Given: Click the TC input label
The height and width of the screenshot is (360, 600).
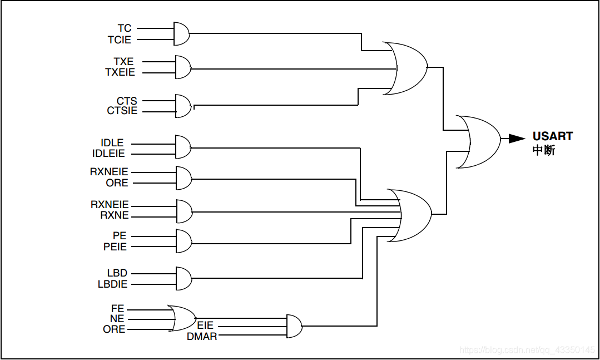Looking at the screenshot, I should [125, 28].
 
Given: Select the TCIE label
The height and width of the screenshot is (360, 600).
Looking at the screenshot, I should [120, 40].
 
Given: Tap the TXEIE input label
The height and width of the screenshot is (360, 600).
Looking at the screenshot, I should [120, 72].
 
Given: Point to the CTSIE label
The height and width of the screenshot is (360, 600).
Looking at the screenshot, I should [122, 111].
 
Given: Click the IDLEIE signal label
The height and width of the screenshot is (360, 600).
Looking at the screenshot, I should [109, 154].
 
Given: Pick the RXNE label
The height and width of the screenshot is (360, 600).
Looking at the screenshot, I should [115, 215].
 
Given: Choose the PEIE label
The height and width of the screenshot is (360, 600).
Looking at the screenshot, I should [115, 246].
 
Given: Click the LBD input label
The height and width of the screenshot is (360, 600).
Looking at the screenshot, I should [117, 273].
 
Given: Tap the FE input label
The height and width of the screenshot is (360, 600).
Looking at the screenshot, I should [118, 308].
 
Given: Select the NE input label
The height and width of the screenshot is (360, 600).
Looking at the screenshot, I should [117, 319].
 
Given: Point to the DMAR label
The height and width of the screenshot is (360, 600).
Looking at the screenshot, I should [202, 336].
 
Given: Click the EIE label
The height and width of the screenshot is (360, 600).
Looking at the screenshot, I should [205, 326].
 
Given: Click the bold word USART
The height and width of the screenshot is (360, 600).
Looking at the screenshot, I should [552, 136].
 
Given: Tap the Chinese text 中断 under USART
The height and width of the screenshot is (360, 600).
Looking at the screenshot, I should [543, 150].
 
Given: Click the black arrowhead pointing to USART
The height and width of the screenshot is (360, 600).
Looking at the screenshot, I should [517, 139].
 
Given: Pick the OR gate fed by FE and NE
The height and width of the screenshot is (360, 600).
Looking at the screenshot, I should [181, 319].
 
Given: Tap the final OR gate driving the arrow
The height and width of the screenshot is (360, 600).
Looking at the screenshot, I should [477, 142].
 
